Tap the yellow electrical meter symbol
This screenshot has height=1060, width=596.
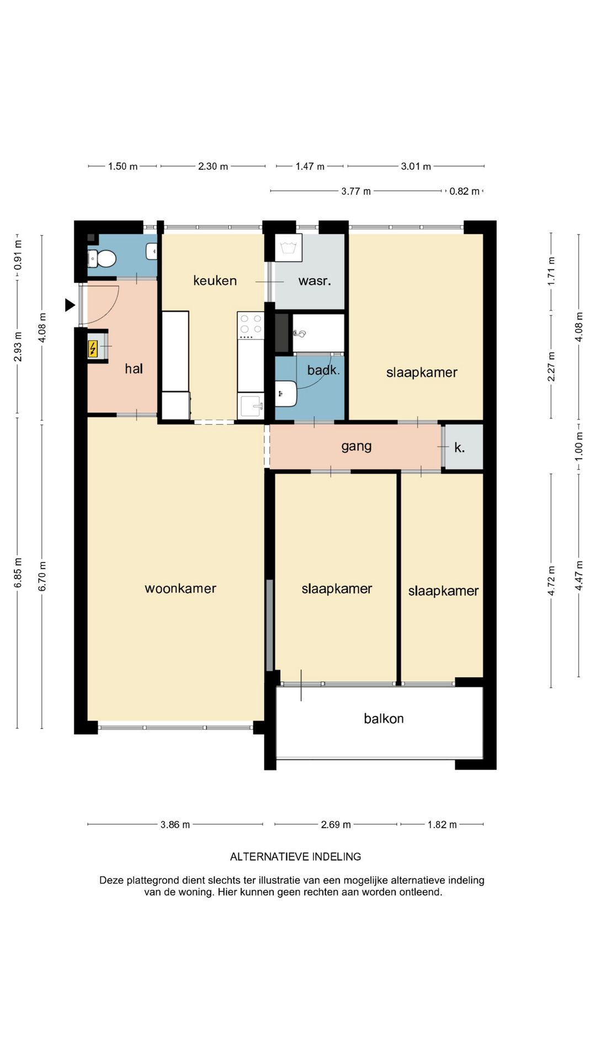[x=93, y=349]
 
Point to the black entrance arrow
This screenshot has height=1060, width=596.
[x=70, y=305]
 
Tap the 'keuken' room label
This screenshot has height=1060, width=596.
[x=215, y=280]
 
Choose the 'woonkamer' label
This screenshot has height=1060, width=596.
[x=180, y=589]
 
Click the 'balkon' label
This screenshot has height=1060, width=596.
[x=384, y=718]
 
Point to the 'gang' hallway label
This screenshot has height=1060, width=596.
[x=356, y=447]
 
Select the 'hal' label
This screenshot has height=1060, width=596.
[x=134, y=368]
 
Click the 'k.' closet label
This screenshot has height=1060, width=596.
[x=460, y=448]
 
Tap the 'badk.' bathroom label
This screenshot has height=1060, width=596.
[x=323, y=370]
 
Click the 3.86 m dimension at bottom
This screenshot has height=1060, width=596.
[x=175, y=824]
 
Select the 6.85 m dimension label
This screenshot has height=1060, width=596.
[x=18, y=572]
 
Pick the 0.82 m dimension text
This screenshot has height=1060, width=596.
[x=464, y=191]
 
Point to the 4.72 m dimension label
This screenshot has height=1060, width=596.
[x=551, y=581]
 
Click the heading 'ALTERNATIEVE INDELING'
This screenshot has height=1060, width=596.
[x=296, y=856]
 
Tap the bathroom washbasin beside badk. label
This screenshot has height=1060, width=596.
[x=286, y=393]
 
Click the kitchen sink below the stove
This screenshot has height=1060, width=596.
[x=251, y=406]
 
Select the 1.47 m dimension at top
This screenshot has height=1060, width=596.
[x=310, y=166]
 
